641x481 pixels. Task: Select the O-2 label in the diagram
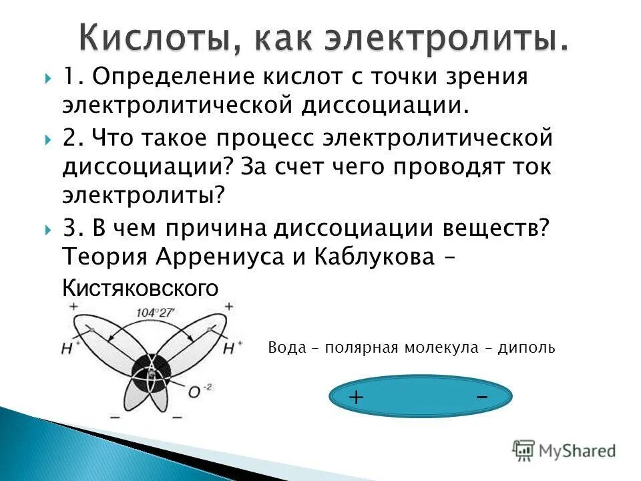[x=194, y=393]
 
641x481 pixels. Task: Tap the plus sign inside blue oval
[x=357, y=398]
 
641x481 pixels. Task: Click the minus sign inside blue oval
[x=482, y=396]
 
